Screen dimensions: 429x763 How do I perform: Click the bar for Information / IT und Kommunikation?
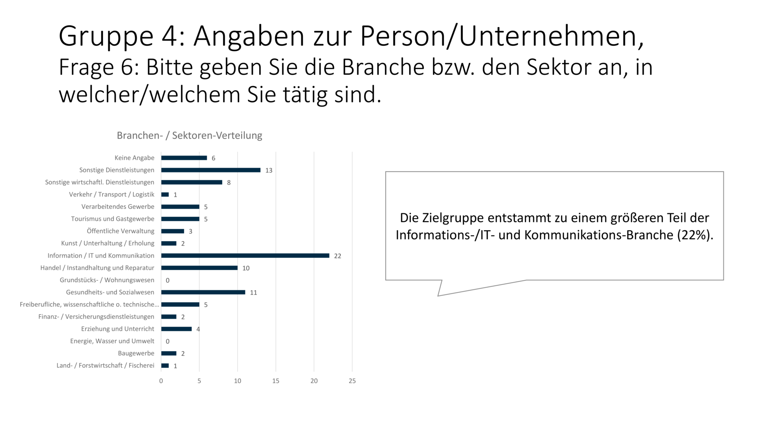pyautogui.click(x=245, y=256)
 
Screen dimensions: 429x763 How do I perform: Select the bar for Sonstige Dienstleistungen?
pyautogui.click(x=211, y=170)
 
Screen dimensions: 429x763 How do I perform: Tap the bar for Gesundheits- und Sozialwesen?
pyautogui.click(x=203, y=292)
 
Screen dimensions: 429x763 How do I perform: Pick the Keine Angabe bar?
pyautogui.click(x=184, y=158)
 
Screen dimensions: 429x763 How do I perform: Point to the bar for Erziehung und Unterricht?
pyautogui.click(x=176, y=329)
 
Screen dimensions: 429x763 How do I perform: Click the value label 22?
pyautogui.click(x=338, y=256)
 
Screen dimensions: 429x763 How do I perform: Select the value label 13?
pyautogui.click(x=269, y=171)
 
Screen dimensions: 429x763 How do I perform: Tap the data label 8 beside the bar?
pyautogui.click(x=229, y=183)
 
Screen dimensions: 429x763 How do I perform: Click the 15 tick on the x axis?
pyautogui.click(x=276, y=381)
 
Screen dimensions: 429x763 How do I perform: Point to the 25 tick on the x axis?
pyautogui.click(x=352, y=381)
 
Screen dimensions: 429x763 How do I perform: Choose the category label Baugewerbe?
pyautogui.click(x=136, y=353)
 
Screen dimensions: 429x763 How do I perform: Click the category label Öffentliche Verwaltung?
pyautogui.click(x=120, y=231)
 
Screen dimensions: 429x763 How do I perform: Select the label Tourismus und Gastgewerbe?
pyautogui.click(x=113, y=219)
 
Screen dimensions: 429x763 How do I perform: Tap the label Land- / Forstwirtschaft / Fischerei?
pyautogui.click(x=105, y=365)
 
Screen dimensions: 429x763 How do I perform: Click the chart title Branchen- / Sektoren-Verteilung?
pyautogui.click(x=189, y=136)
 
